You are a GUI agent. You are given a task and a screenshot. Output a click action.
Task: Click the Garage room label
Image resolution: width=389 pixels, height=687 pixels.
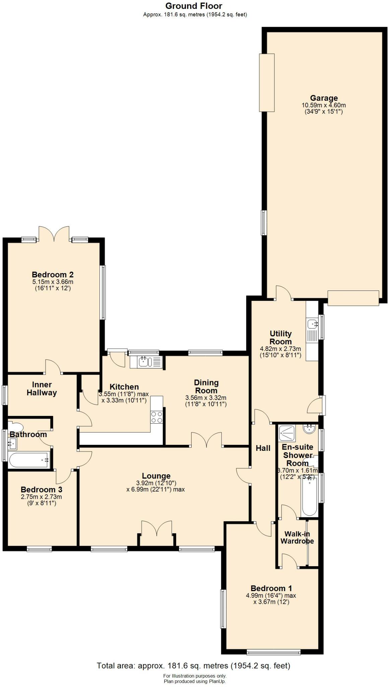[x=324, y=98]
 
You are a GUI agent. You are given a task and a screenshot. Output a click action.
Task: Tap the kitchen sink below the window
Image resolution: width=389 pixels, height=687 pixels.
[x=145, y=362]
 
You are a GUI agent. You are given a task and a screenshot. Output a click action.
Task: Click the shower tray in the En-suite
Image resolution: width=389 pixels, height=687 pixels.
[x=287, y=433]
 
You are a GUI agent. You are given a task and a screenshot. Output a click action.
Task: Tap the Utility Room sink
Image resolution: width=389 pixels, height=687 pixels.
[x=312, y=324]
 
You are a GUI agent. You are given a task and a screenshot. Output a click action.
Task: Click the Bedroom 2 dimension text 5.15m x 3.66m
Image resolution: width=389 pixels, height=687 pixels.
[x=53, y=282]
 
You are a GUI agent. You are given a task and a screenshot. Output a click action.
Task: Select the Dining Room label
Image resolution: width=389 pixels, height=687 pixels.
[x=206, y=386]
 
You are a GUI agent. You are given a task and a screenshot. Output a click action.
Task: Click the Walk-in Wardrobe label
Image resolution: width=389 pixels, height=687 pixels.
[x=297, y=537]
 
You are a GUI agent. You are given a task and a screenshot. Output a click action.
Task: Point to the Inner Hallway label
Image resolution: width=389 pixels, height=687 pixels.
[x=42, y=388]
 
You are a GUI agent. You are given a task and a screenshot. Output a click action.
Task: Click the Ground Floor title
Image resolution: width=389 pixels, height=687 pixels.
[x=194, y=6]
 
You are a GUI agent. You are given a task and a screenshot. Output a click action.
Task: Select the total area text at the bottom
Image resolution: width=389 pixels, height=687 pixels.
[x=194, y=666]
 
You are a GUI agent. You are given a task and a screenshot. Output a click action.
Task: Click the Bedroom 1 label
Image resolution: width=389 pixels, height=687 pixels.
[x=271, y=588]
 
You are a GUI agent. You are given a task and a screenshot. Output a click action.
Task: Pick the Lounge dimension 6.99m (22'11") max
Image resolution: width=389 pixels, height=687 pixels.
[x=156, y=489]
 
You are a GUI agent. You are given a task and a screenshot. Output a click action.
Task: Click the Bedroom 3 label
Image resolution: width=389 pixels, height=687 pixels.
[x=42, y=489]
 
